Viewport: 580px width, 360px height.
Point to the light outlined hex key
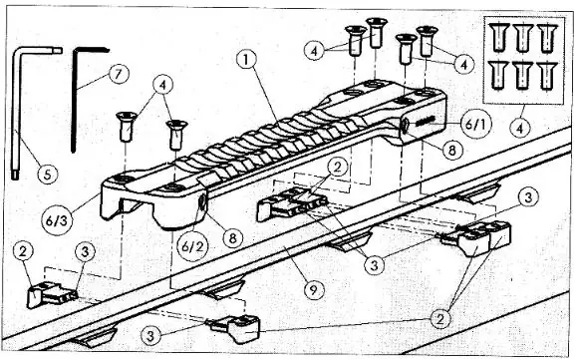[x=25, y=110]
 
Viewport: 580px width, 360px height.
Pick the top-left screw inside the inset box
[x=499, y=36]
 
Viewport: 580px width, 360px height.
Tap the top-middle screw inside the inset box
[x=521, y=36]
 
